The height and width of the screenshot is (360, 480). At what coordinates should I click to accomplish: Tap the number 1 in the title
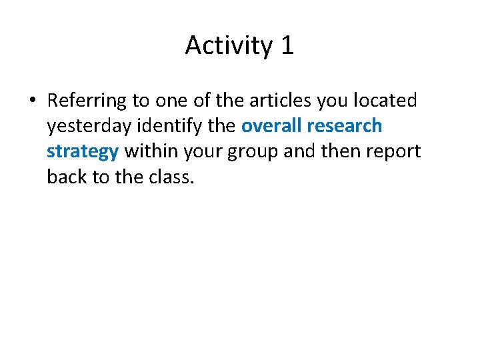(x=287, y=46)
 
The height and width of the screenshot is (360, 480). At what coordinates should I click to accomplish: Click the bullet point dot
(x=31, y=101)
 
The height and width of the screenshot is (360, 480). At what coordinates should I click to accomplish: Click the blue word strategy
(x=82, y=151)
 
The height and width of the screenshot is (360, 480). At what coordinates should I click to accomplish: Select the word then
(x=339, y=151)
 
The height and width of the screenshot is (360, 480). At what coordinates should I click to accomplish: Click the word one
(x=169, y=101)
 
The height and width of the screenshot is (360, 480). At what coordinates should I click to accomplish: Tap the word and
(x=300, y=151)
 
